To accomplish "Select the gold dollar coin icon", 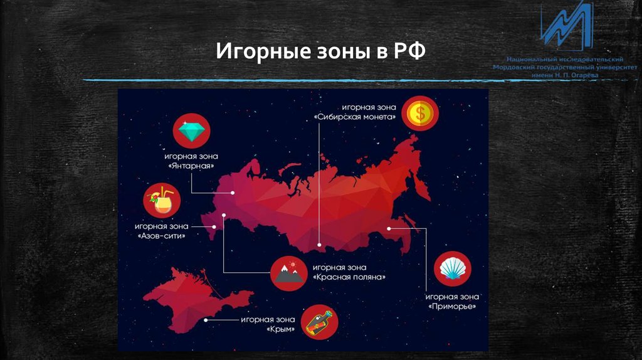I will point(420,113).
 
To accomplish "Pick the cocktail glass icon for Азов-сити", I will point(162,201).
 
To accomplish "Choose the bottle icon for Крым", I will point(320,323).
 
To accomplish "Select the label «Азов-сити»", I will point(162,236).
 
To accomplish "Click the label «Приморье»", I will point(452,307).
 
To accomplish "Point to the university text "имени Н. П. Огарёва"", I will point(565,75).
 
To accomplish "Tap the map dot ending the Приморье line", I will point(389,228).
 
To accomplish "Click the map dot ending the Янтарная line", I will point(233,193).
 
